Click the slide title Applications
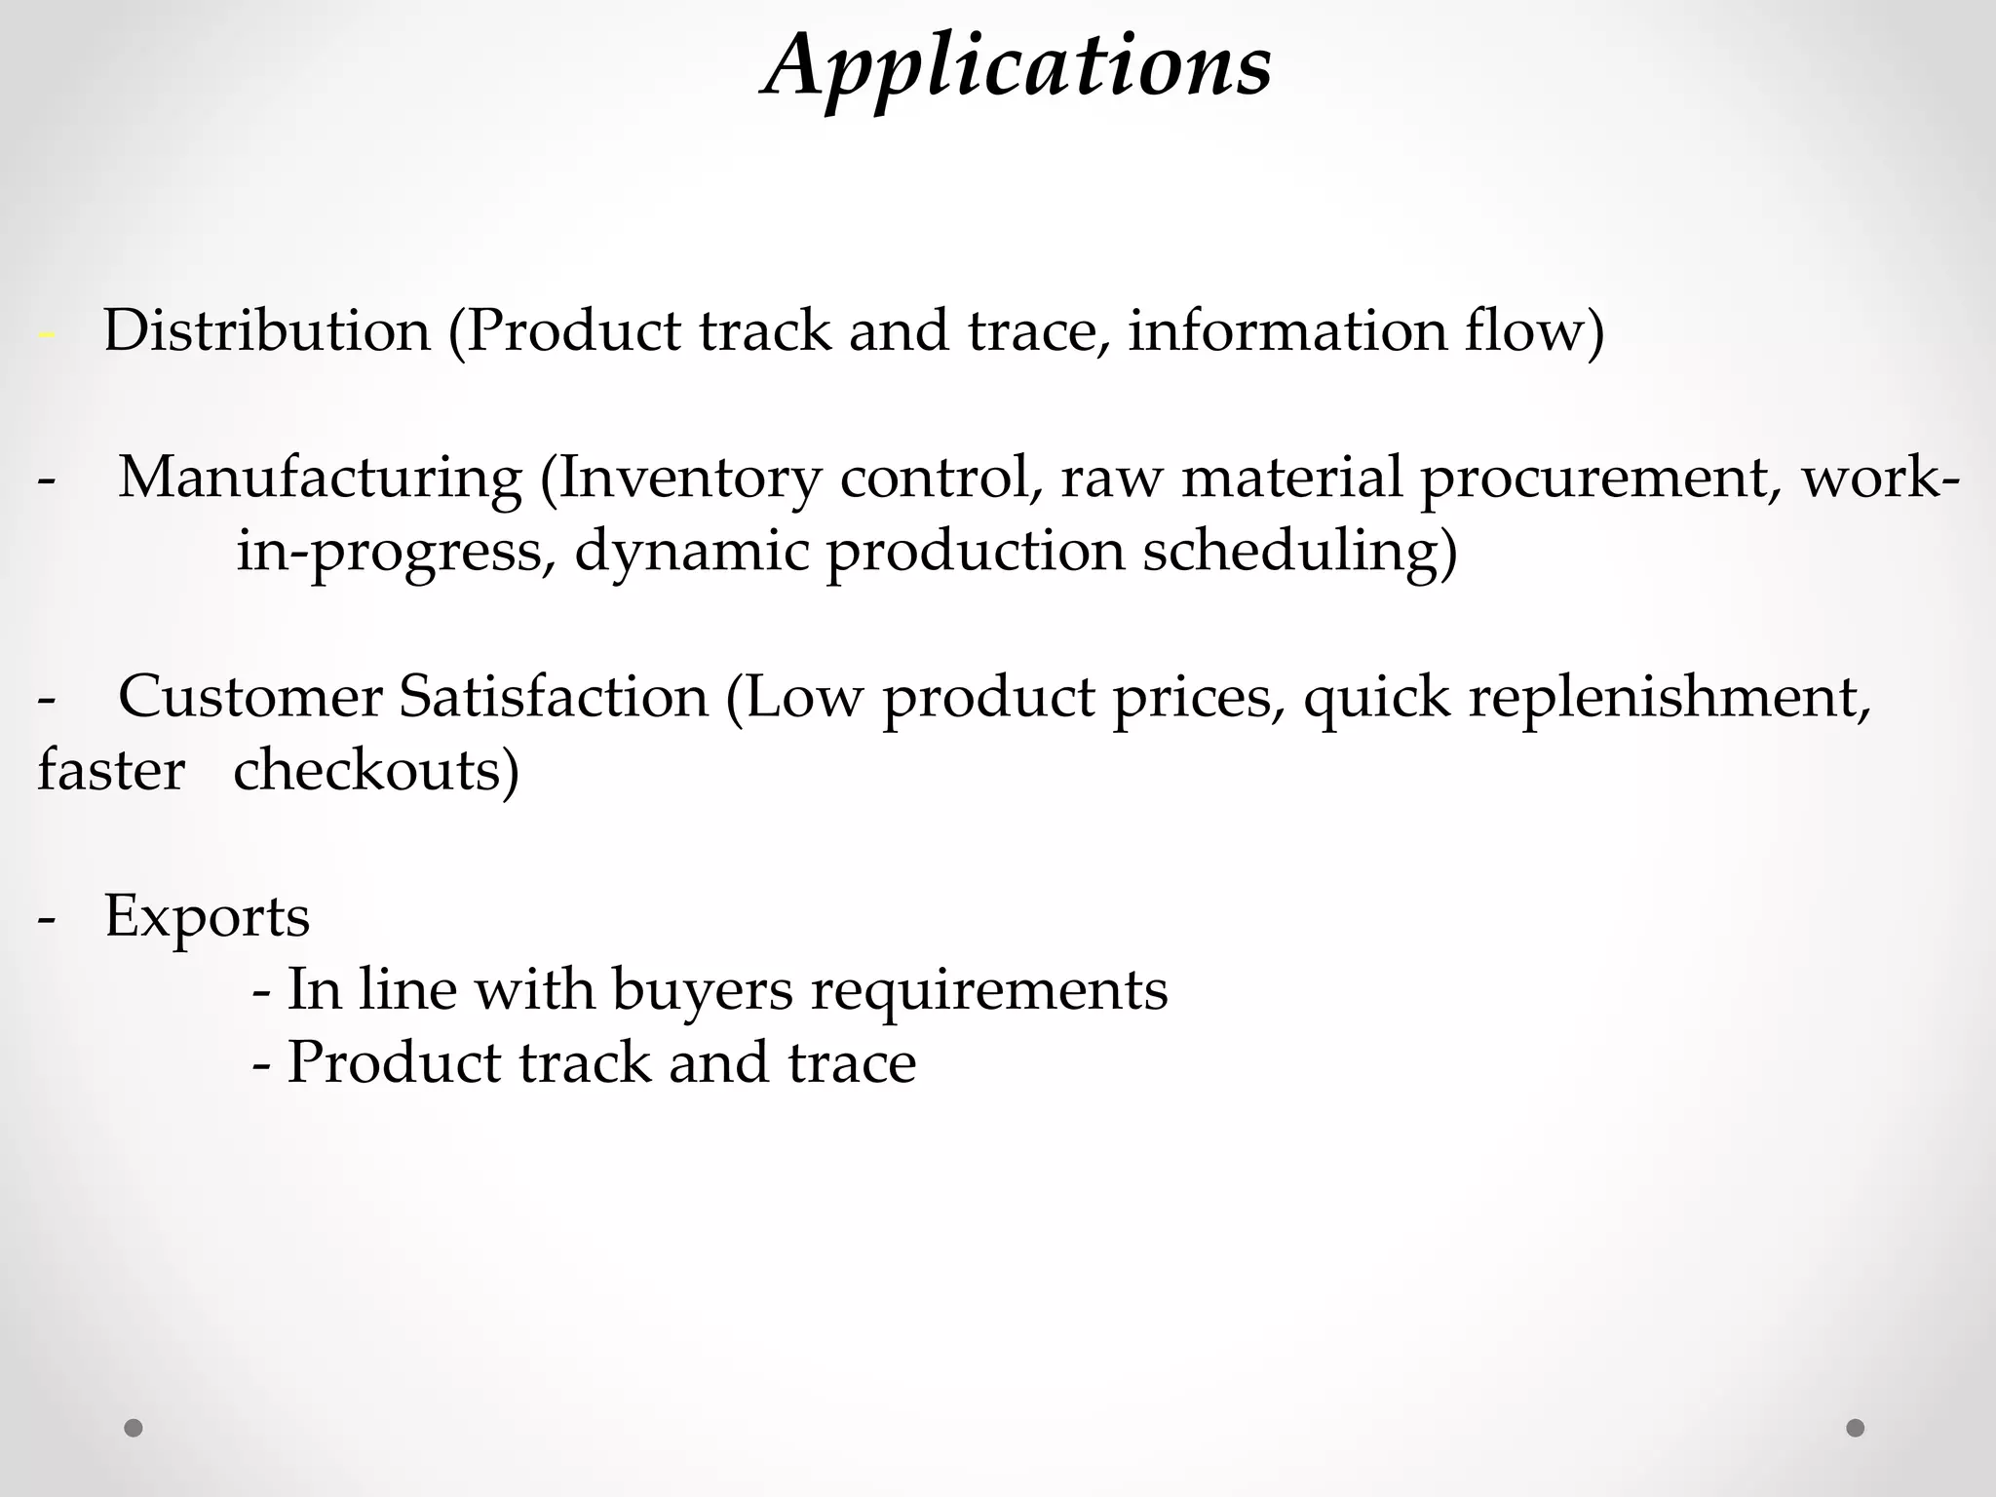coord(1017,66)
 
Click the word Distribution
coord(266,330)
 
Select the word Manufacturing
coord(321,479)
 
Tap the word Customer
coord(250,698)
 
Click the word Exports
coord(207,917)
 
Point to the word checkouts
coord(376,771)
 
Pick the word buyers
coord(703,990)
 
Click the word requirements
coord(989,990)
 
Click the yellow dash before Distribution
coord(46,334)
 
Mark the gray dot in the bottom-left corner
coord(134,1428)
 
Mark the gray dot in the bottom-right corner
coord(1856,1428)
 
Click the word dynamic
coord(692,552)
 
